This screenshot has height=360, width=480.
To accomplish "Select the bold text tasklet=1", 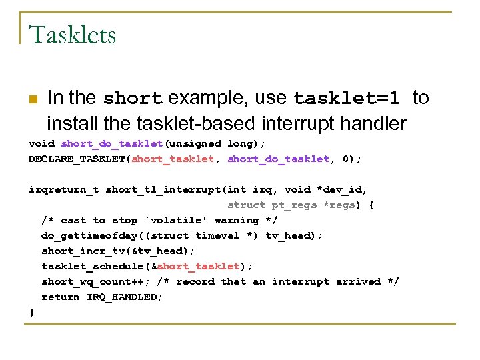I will coord(347,99).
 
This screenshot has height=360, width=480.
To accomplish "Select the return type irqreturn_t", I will coord(63,189).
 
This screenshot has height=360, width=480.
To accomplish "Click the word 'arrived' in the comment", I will coord(358,281).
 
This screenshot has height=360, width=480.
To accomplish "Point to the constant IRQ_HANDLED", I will coord(125,297).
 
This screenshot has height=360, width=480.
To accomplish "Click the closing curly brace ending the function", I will coord(31,312).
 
